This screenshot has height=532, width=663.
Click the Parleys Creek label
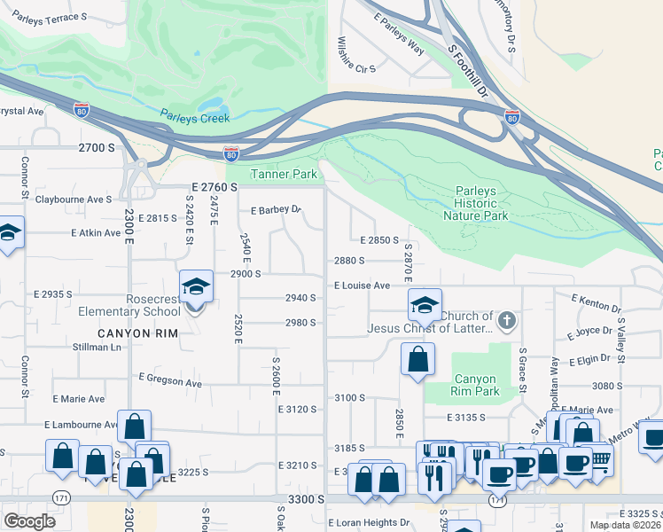point(195,117)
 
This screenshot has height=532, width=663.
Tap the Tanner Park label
point(285,175)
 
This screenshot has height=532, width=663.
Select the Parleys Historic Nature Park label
point(481,203)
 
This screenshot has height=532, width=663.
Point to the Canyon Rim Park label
point(474,386)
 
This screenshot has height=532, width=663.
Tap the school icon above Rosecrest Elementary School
point(196,287)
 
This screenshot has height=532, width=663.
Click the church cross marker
point(506,319)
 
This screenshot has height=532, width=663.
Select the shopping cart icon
point(601,458)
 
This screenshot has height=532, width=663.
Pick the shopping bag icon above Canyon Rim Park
point(417,360)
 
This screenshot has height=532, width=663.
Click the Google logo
point(30,521)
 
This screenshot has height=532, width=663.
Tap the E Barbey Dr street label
point(277,211)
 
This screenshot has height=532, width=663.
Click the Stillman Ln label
point(97,347)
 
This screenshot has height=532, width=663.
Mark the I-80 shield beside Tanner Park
point(231,153)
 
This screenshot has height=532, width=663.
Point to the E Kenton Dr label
point(597,302)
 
